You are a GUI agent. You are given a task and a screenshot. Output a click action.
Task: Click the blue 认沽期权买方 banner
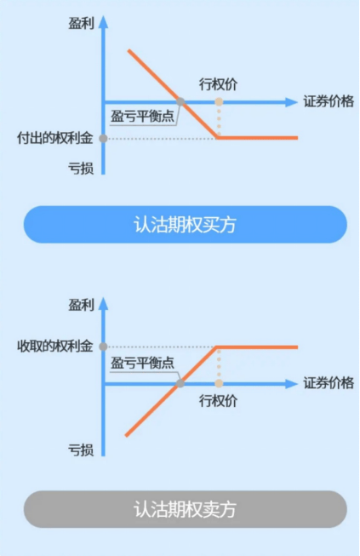185,225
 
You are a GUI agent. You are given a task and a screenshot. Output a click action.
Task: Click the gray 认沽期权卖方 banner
185,509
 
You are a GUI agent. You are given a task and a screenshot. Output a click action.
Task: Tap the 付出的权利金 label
55,138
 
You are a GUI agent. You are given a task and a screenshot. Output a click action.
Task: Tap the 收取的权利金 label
55,346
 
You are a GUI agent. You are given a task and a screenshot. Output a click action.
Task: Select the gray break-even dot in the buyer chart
180,102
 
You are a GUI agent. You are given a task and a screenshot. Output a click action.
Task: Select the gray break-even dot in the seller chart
180,383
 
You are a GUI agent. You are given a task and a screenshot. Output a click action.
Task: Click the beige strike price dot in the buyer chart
219,102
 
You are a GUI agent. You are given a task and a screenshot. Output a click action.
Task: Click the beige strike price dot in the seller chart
219,383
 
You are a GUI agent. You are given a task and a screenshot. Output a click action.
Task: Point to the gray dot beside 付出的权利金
103,138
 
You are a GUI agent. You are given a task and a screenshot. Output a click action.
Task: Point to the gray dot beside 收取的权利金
103,347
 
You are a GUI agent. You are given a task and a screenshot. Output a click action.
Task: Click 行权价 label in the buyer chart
218,84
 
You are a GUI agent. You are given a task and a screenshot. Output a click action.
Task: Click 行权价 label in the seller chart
218,401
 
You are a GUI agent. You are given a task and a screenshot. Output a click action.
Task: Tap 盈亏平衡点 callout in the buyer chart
142,117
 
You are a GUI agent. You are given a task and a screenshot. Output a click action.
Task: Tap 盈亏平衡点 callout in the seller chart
142,363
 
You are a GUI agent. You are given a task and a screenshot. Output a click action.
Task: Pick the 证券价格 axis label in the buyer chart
329,101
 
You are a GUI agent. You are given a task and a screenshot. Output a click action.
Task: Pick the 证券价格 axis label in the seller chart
329,383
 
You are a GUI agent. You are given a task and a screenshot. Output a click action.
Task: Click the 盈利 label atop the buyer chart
81,24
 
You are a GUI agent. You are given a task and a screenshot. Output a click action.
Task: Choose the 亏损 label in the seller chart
81,450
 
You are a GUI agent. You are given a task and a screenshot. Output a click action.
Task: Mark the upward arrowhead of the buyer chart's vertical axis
103,21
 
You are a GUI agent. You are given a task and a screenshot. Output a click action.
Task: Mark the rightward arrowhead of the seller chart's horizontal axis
291,384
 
